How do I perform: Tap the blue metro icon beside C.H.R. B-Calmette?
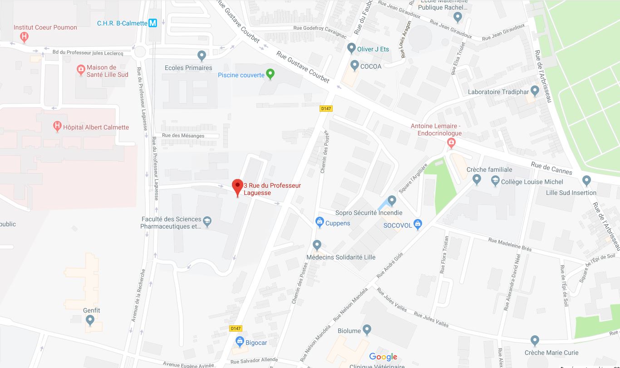[153, 23]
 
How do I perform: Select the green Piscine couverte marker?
[271, 74]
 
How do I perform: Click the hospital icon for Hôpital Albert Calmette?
[58, 126]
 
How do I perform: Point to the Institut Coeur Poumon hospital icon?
[25, 36]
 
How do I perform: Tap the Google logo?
[383, 357]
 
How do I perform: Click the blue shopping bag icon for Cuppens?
[320, 222]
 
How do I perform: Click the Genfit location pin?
[90, 321]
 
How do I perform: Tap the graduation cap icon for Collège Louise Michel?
[495, 181]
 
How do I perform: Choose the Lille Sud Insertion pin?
[586, 180]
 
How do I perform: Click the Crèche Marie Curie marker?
[535, 340]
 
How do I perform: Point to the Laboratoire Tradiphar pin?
[535, 91]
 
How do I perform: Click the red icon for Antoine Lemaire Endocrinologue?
[451, 144]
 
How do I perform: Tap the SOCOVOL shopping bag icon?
[418, 224]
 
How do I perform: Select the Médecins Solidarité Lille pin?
[317, 245]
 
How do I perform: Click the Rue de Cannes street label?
[551, 168]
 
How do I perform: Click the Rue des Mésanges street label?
[183, 135]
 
